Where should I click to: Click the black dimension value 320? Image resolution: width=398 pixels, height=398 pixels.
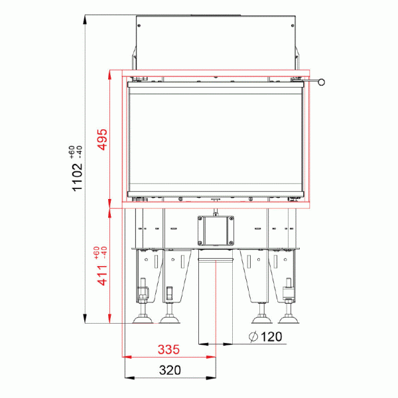(x=170, y=370)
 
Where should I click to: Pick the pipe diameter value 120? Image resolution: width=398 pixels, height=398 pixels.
(x=271, y=336)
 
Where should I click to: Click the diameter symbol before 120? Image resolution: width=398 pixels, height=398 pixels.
(x=253, y=336)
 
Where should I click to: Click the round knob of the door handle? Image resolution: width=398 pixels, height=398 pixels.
(x=322, y=83)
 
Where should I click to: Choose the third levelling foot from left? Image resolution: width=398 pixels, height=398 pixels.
(x=261, y=321)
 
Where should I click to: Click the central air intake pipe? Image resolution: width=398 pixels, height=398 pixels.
(x=216, y=298)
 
